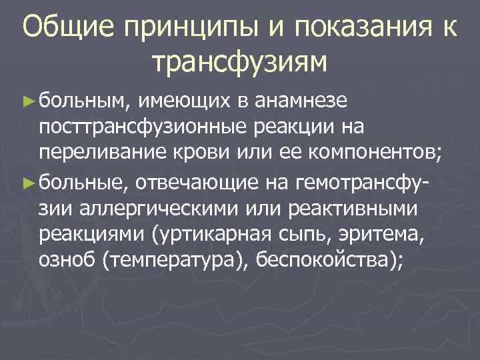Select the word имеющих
click(x=183, y=101)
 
